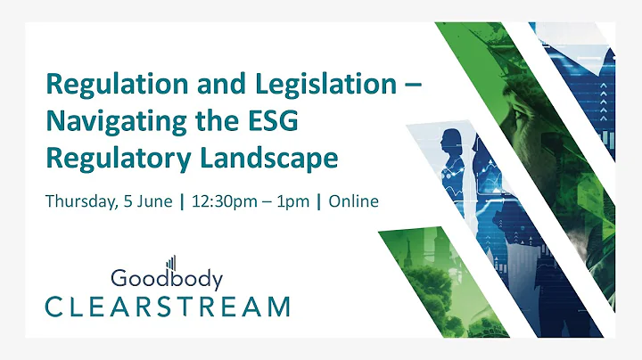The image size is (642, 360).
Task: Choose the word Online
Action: (x=353, y=201)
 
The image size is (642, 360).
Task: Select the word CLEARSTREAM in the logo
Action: (x=168, y=307)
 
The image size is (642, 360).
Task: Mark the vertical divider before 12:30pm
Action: (x=183, y=201)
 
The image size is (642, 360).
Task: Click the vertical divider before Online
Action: (x=319, y=201)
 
